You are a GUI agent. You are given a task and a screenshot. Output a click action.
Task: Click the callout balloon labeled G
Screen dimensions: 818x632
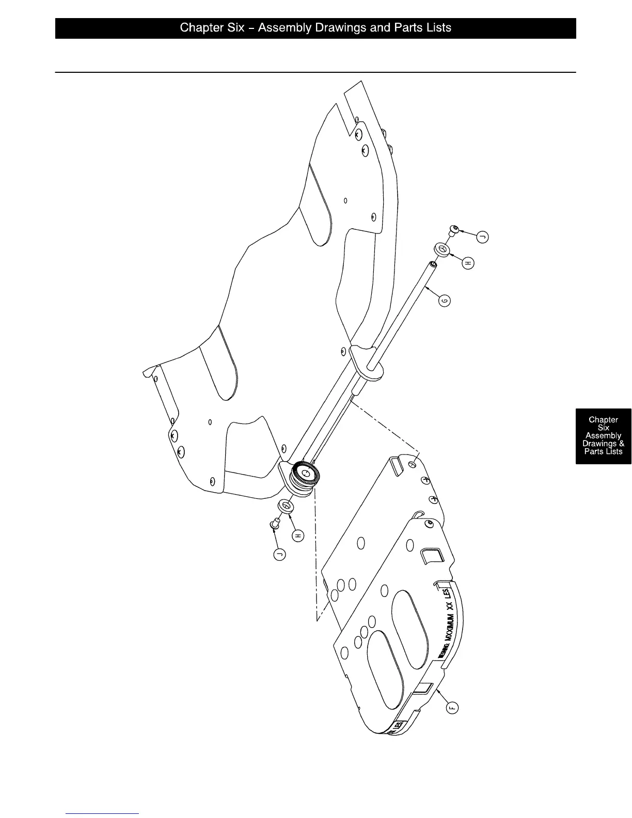444,300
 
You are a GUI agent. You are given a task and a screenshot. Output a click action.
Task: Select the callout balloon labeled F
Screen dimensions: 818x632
452,707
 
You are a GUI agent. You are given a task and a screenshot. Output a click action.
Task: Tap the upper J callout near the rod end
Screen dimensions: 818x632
483,237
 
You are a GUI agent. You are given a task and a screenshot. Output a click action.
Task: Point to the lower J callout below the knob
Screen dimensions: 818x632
279,555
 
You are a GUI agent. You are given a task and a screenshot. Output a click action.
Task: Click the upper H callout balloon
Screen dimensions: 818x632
468,263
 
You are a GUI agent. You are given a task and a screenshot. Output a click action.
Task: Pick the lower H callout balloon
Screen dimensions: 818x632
298,536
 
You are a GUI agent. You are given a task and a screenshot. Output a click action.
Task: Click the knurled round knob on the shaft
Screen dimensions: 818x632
305,473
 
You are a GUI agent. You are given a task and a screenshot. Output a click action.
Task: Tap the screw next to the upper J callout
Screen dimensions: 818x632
454,229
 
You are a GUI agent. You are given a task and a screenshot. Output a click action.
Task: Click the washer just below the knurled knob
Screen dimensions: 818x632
286,506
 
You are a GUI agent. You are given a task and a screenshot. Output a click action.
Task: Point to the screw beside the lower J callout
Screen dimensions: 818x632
274,526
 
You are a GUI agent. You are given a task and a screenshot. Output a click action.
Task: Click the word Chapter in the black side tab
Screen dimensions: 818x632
603,420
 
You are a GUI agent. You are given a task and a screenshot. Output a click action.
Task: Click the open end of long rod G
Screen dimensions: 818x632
433,265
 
